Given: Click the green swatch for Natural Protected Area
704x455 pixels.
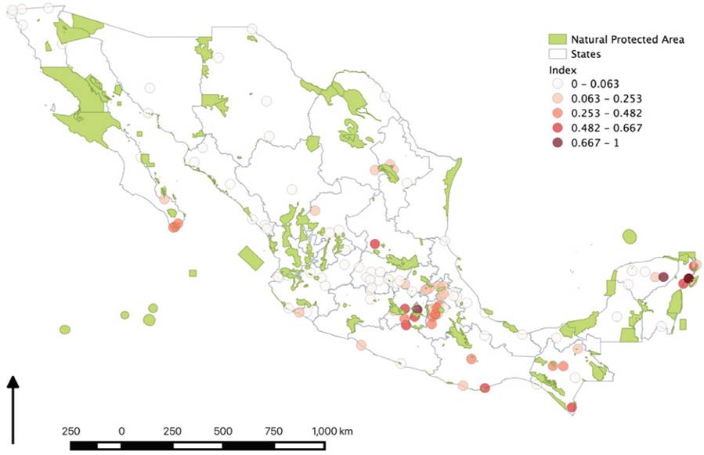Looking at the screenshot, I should click(x=557, y=39).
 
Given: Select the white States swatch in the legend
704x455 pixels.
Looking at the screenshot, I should click(x=557, y=54).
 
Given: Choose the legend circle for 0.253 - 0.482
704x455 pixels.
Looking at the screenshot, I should click(x=557, y=114).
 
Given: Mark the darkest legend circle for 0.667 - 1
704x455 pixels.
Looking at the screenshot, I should click(x=557, y=143).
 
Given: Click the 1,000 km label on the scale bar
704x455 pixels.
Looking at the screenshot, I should click(x=332, y=432).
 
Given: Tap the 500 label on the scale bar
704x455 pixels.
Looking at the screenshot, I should click(x=223, y=432).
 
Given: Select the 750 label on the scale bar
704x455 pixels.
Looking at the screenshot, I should click(x=274, y=432).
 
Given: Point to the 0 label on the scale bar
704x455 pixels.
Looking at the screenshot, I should click(x=121, y=432).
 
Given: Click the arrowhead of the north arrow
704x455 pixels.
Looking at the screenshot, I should click(x=13, y=381).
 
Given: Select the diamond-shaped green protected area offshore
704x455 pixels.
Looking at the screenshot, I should click(x=251, y=258).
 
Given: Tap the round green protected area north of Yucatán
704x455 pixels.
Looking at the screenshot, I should click(x=630, y=237).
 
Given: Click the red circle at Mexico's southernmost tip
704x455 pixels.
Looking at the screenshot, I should click(x=572, y=406).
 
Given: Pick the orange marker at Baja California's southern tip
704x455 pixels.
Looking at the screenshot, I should click(x=175, y=226).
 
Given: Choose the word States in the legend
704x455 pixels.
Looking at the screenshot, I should click(x=586, y=54).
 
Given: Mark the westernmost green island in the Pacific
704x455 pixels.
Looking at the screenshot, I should click(x=64, y=329).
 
